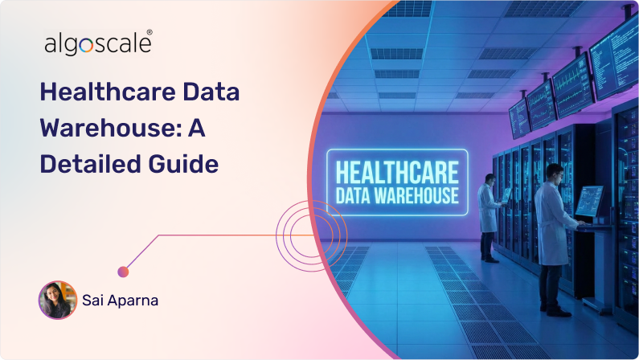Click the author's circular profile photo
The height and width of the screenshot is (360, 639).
(57, 300)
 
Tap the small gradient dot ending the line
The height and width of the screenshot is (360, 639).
(123, 272)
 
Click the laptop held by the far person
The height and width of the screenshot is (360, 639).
(506, 194)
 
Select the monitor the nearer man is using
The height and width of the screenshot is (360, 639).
(588, 200)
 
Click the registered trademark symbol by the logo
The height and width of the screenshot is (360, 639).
(150, 34)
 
